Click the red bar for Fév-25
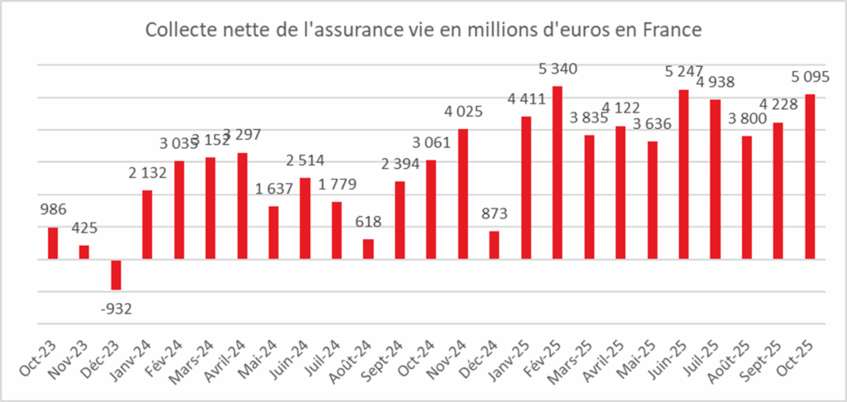(557, 173)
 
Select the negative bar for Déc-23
(116, 275)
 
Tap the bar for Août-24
(368, 249)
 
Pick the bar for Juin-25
(683, 175)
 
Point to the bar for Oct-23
(53, 243)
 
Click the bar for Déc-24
(495, 245)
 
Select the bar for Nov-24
(463, 194)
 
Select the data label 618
(368, 221)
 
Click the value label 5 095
(811, 76)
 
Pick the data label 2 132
(148, 172)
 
